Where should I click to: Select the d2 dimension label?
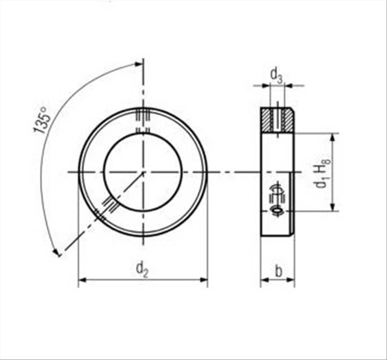(142, 270)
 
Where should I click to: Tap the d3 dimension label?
(276, 75)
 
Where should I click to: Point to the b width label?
(278, 271)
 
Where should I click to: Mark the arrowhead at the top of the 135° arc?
(139, 64)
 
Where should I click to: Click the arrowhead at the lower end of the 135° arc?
(56, 253)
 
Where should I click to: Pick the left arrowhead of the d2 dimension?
(82, 280)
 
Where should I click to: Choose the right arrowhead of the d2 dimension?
(204, 280)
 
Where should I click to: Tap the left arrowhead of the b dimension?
(265, 280)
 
